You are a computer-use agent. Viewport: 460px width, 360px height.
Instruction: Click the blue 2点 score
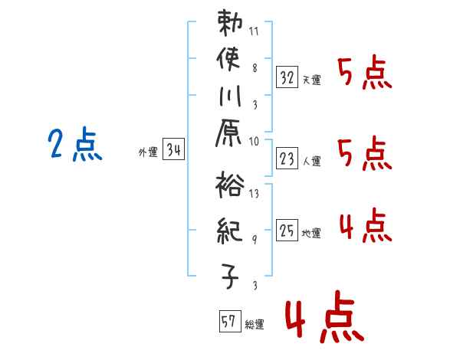click(75, 145)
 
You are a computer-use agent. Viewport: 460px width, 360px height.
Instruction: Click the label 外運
click(147, 152)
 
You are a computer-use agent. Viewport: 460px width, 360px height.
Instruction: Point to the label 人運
click(312, 160)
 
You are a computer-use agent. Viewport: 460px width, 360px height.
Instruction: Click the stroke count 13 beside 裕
click(254, 194)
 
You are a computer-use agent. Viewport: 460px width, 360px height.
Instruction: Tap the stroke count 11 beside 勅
click(254, 33)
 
